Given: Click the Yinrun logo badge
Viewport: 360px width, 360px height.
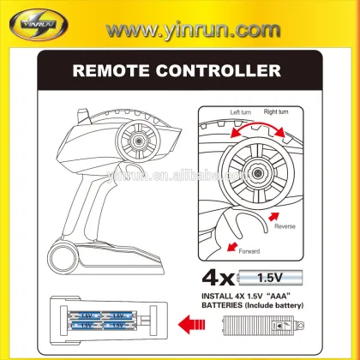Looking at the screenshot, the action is click(39, 24).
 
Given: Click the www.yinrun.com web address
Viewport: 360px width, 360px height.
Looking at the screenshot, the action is click(193, 30).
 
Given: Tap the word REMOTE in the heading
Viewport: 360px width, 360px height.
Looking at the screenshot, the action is click(111, 71).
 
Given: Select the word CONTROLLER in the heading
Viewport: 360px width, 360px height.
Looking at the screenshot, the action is click(219, 71).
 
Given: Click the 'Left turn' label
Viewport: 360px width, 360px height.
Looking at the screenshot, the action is click(241, 112).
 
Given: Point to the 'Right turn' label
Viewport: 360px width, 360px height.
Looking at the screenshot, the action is click(276, 111).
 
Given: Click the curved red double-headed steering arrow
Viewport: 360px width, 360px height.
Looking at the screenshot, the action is click(258, 126).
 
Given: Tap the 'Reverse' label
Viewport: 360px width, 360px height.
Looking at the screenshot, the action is click(285, 226).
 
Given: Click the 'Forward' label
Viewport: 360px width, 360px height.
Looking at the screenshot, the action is click(249, 251).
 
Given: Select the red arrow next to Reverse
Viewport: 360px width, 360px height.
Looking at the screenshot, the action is click(273, 216).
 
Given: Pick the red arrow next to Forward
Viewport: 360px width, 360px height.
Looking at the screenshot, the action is click(232, 247).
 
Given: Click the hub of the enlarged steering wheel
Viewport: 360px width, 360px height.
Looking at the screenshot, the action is click(259, 172).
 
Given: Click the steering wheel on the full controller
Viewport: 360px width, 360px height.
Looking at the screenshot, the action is click(138, 141).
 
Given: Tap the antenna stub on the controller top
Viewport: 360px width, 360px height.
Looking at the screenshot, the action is click(84, 116).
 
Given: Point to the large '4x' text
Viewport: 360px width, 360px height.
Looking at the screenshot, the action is click(218, 279).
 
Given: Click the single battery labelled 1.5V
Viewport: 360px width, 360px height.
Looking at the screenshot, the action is click(270, 278).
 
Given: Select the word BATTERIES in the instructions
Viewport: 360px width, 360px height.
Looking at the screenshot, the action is click(222, 305).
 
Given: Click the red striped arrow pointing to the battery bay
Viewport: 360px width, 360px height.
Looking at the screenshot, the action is click(191, 324).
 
